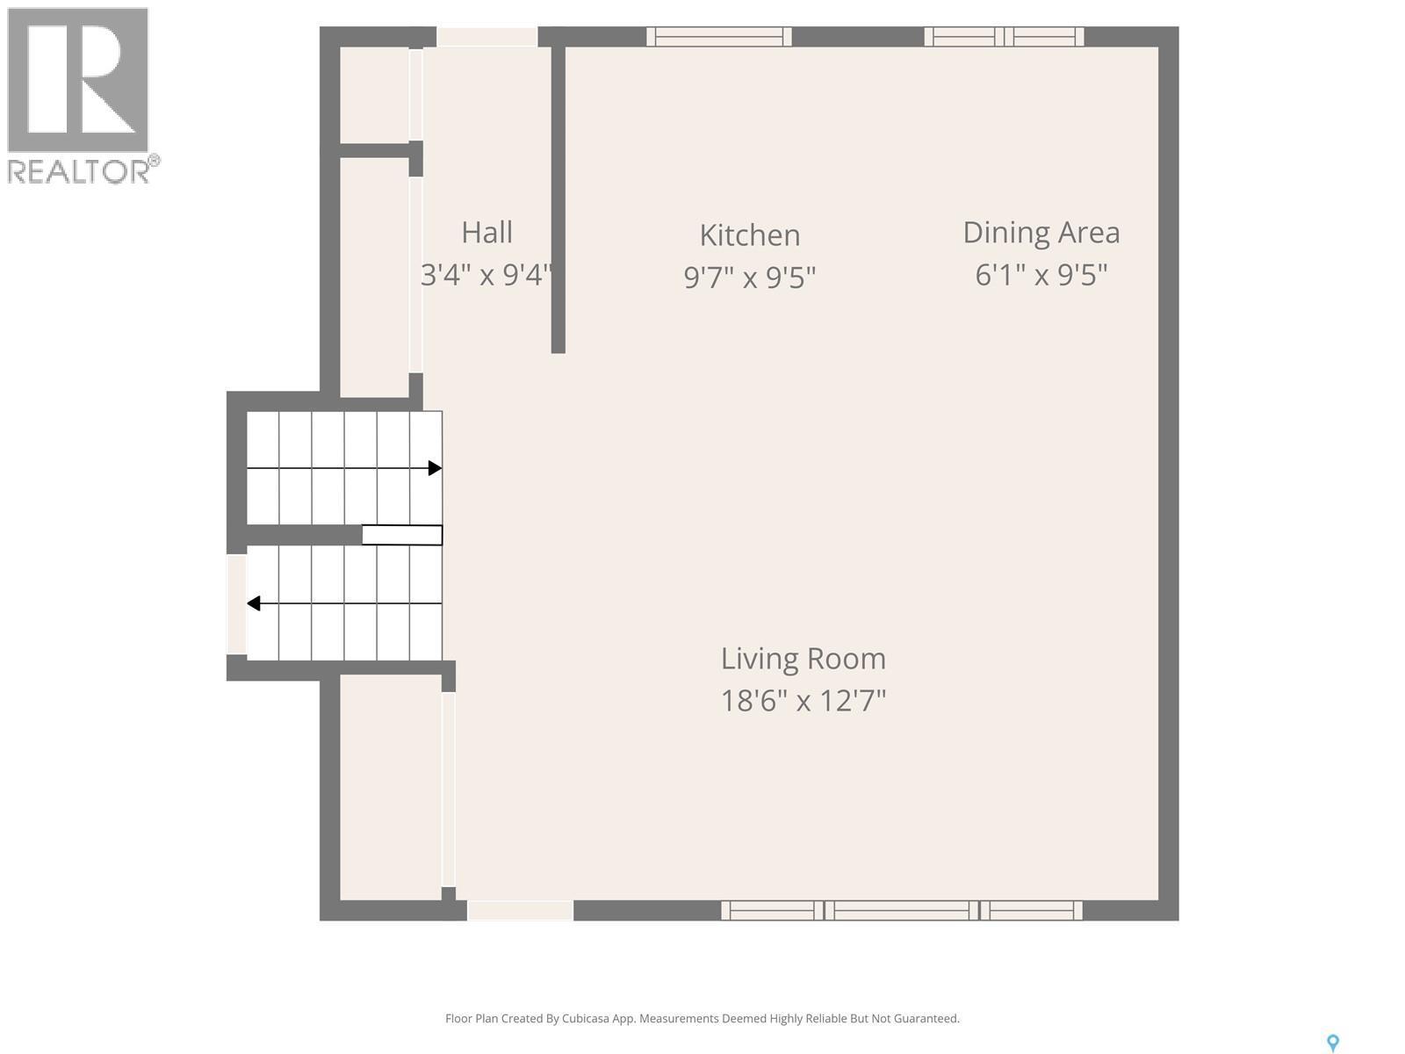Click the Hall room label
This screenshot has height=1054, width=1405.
pyautogui.click(x=486, y=233)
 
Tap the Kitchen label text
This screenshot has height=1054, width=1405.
pyautogui.click(x=749, y=235)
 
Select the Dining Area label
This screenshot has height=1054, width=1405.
pyautogui.click(x=1041, y=233)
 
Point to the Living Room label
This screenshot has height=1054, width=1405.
pyautogui.click(x=803, y=659)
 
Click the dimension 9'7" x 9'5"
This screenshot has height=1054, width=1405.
pyautogui.click(x=749, y=278)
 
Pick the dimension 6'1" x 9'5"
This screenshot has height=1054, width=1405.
pyautogui.click(x=1041, y=276)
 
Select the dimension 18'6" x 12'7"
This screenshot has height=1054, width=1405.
pyautogui.click(x=803, y=701)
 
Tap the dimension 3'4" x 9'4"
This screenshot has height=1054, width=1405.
pyautogui.click(x=486, y=276)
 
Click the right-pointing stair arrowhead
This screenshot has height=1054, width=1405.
pyautogui.click(x=435, y=468)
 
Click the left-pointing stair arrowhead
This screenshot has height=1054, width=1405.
pyautogui.click(x=254, y=603)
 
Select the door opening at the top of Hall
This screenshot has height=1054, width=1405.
pyautogui.click(x=486, y=37)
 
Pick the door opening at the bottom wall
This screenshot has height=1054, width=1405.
pyautogui.click(x=520, y=910)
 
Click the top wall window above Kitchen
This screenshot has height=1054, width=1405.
pyautogui.click(x=719, y=36)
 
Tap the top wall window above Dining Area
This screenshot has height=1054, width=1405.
pyautogui.click(x=1004, y=36)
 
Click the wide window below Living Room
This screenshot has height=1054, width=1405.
pyautogui.click(x=902, y=910)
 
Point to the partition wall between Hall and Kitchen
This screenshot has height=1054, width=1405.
pyautogui.click(x=558, y=198)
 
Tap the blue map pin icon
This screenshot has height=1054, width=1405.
pyautogui.click(x=1332, y=1043)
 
